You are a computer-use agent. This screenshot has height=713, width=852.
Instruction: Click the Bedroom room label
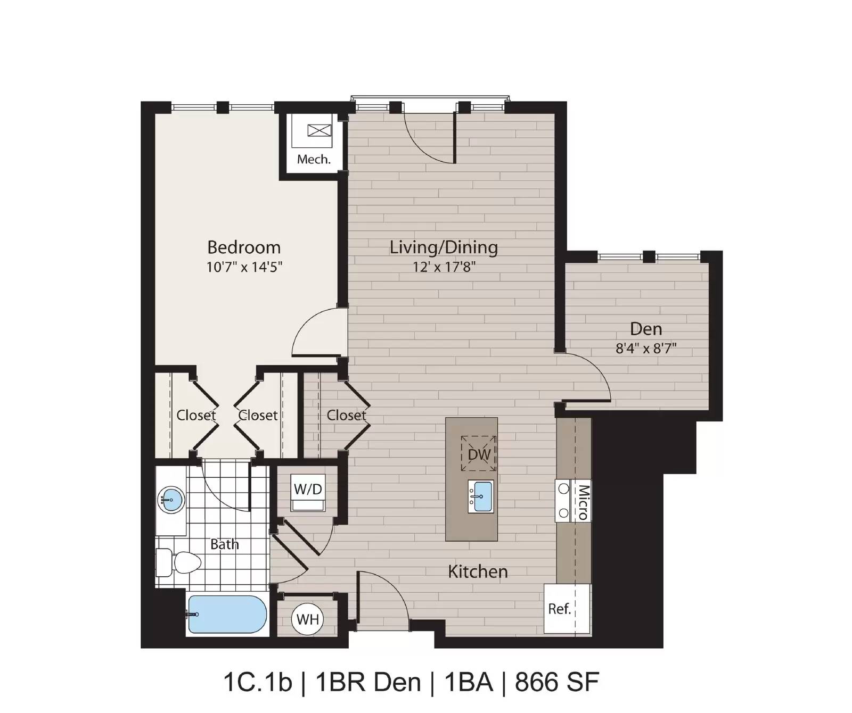pos(244,247)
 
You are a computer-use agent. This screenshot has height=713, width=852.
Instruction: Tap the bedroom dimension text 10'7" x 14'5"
pos(244,267)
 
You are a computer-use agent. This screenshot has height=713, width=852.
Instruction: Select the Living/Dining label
pos(444,248)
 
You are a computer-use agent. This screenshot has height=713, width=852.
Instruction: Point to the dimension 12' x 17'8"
pos(444,267)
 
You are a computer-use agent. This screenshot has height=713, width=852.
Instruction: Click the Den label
pos(646,329)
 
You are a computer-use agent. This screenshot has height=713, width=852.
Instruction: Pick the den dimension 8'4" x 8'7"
pos(646,349)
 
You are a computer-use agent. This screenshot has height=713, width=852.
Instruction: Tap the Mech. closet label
pos(314,159)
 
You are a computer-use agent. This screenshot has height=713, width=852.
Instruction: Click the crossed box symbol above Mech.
pos(319,130)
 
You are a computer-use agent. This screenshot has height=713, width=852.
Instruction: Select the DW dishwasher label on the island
pos(479,454)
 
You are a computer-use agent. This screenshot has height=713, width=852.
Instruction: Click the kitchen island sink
pos(481,496)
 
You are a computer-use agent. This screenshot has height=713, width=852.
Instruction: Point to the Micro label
pos(583,502)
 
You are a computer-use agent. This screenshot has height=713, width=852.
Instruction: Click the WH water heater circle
pos(308,619)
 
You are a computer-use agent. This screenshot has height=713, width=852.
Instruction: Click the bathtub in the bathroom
pos(227,614)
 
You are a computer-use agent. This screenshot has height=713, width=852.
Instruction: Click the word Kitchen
pos(478,571)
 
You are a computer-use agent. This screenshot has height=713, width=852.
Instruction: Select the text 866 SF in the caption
pos(557,682)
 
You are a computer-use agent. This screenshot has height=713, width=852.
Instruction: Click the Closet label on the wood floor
pos(346,416)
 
